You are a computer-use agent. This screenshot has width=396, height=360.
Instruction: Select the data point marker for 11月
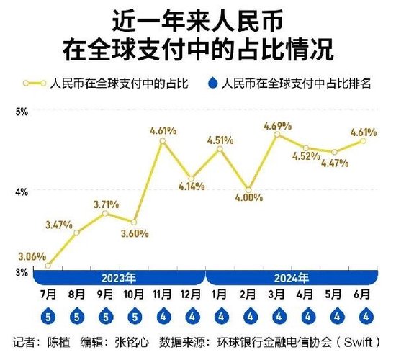[162, 141]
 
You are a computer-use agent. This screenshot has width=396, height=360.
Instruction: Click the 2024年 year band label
[292, 277]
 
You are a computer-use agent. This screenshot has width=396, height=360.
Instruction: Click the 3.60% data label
[134, 233]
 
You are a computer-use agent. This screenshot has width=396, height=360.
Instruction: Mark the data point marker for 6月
[364, 140]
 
